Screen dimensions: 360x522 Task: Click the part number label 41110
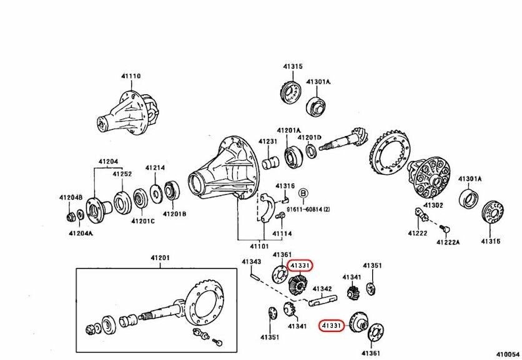131,76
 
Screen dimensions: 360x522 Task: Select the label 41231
268,142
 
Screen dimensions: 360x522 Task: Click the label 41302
433,205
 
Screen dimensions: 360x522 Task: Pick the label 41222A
448,241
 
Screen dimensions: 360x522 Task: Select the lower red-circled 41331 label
332,325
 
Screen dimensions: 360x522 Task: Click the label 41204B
71,197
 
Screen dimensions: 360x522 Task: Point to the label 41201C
142,221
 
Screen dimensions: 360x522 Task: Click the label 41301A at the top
318,82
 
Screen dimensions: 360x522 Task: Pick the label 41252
122,174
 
